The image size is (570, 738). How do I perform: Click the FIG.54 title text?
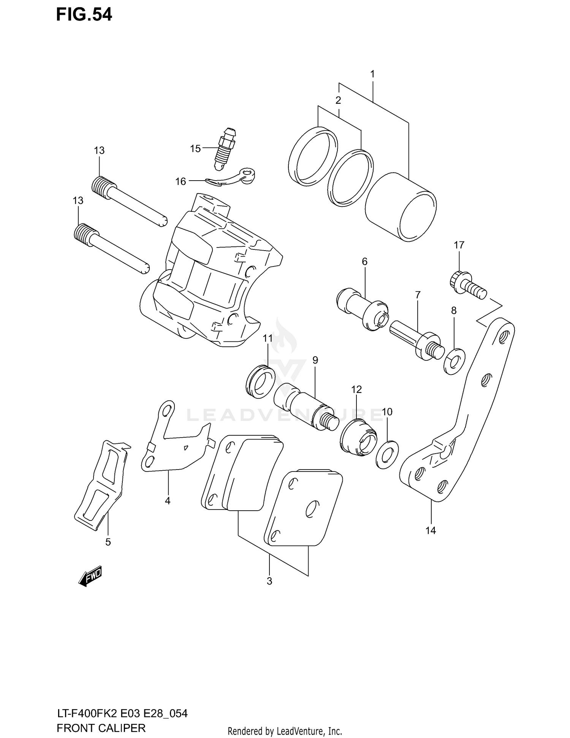(x=84, y=15)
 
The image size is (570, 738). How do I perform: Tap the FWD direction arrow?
(x=90, y=578)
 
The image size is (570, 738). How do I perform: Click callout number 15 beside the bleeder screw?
(x=195, y=149)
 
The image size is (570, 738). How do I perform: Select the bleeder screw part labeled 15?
(x=226, y=149)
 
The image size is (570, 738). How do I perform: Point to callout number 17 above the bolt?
(x=459, y=245)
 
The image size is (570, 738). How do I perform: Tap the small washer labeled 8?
(x=454, y=360)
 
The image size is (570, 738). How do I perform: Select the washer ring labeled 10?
(x=386, y=455)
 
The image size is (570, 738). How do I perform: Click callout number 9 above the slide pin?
(x=315, y=360)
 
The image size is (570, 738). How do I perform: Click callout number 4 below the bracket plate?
(x=168, y=501)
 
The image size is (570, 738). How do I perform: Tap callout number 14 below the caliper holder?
(x=431, y=530)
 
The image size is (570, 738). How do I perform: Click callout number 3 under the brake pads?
(x=269, y=581)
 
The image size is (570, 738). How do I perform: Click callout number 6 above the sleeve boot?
(x=364, y=262)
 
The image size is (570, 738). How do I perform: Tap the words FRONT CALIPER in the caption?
(x=101, y=728)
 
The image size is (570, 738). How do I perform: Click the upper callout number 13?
(x=99, y=151)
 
